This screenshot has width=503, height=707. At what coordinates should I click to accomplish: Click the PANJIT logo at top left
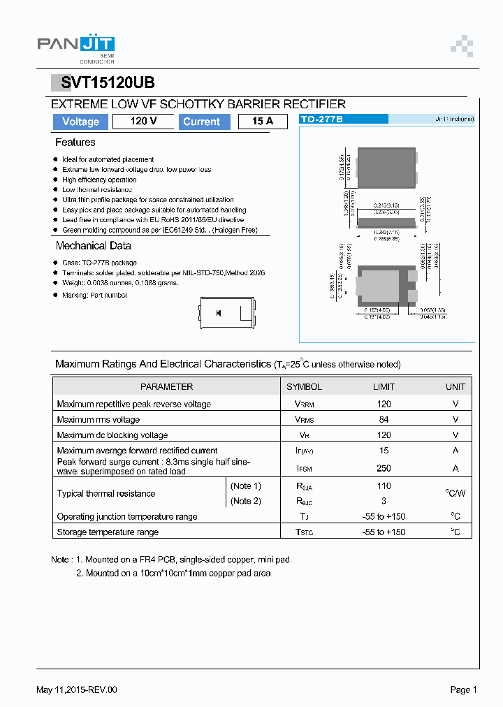point(75,47)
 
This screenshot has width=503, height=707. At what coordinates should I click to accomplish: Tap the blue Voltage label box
point(80,122)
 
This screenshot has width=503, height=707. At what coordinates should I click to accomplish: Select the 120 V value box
point(143,122)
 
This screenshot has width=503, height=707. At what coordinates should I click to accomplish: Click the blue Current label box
point(201,122)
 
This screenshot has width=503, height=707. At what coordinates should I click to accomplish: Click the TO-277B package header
point(322,119)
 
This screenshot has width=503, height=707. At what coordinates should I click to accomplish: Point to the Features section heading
point(75,143)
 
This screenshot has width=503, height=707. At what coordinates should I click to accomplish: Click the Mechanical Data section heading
point(93,246)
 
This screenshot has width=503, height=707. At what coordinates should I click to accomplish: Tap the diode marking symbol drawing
point(219,313)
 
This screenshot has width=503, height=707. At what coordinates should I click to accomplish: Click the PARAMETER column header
point(166,386)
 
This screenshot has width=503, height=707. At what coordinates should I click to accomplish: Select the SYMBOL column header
point(304,386)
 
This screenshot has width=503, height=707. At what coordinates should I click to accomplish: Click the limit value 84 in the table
point(384,419)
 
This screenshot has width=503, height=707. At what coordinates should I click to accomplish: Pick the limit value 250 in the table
point(384,468)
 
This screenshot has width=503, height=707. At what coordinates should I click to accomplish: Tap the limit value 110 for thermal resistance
point(384,486)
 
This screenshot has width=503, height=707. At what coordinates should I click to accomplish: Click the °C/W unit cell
point(455,493)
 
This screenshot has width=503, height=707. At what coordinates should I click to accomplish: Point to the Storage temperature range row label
point(108,532)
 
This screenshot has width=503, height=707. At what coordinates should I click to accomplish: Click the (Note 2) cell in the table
point(245,501)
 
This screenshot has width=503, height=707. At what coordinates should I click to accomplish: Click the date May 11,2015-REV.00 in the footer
point(77,690)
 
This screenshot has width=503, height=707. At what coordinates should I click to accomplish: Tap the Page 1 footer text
point(463,690)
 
